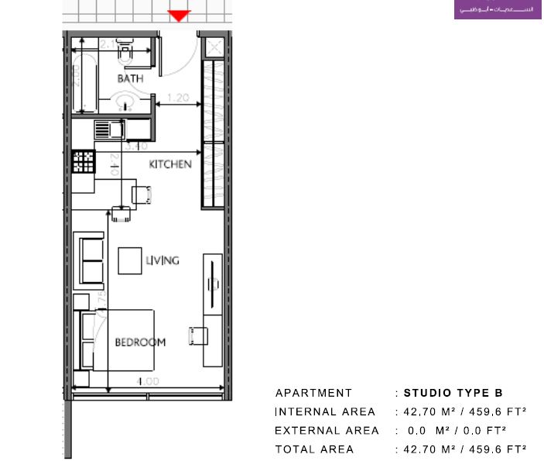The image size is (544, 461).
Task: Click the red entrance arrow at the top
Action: point(180,15)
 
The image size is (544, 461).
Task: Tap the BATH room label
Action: point(129,79)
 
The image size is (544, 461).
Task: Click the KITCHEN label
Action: point(170,164)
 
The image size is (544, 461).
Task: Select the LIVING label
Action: point(163,260)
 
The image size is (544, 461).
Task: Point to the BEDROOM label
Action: point(140,342)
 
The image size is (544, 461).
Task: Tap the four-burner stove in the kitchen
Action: point(83,162)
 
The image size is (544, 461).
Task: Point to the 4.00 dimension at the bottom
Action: point(148,381)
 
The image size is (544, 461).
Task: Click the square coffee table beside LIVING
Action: point(129,260)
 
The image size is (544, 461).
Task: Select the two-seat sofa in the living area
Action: point(91,260)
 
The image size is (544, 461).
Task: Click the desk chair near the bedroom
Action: point(198,335)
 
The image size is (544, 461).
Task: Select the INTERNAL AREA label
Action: point(325,411)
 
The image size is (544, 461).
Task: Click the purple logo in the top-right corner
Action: point(498,10)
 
